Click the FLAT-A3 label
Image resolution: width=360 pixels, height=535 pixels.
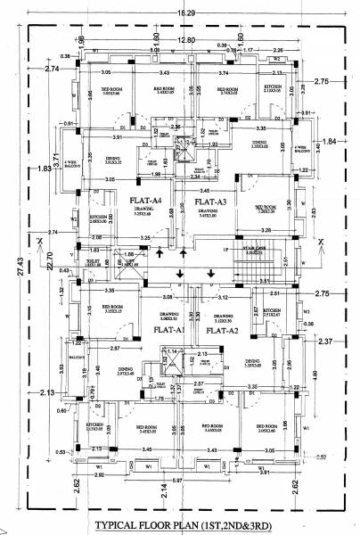click(213, 203)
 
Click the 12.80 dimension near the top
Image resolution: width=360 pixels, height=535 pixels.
click(184, 41)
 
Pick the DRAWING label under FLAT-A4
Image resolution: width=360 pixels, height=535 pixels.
click(143, 211)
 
